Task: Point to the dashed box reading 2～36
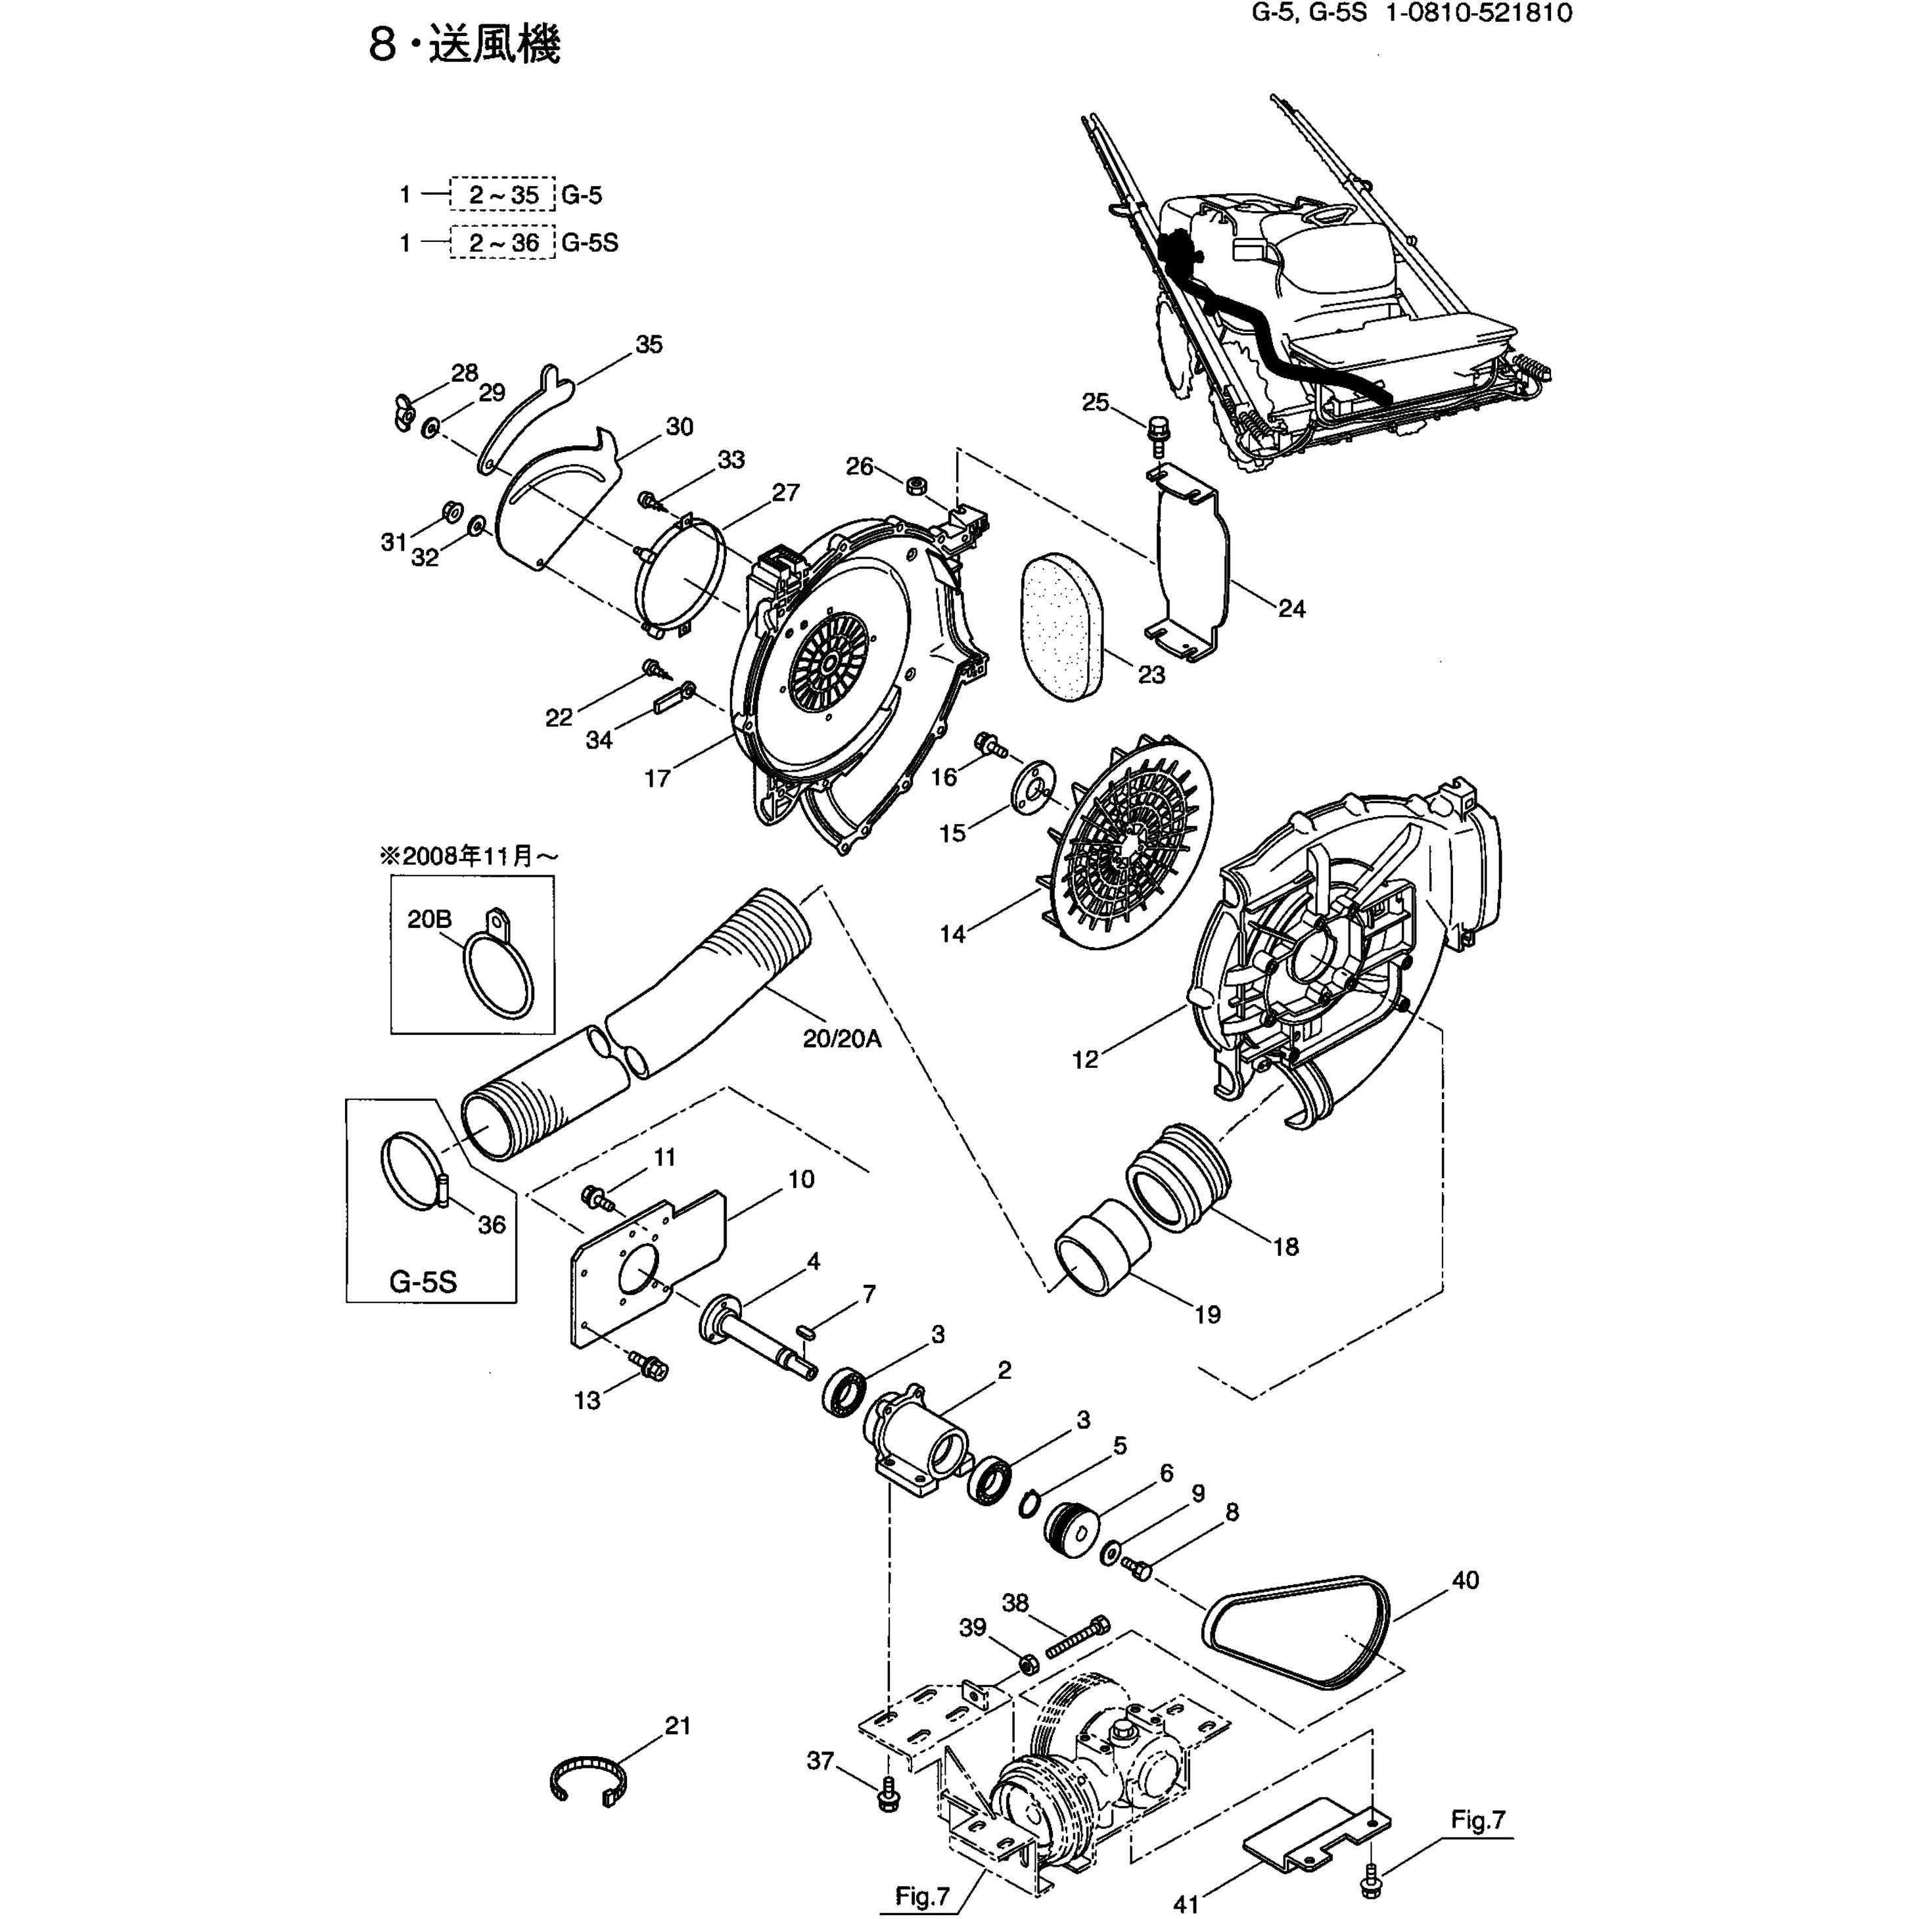tap(503, 243)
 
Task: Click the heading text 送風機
tap(495, 45)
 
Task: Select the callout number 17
tap(658, 777)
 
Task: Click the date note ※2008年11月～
tap(465, 855)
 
